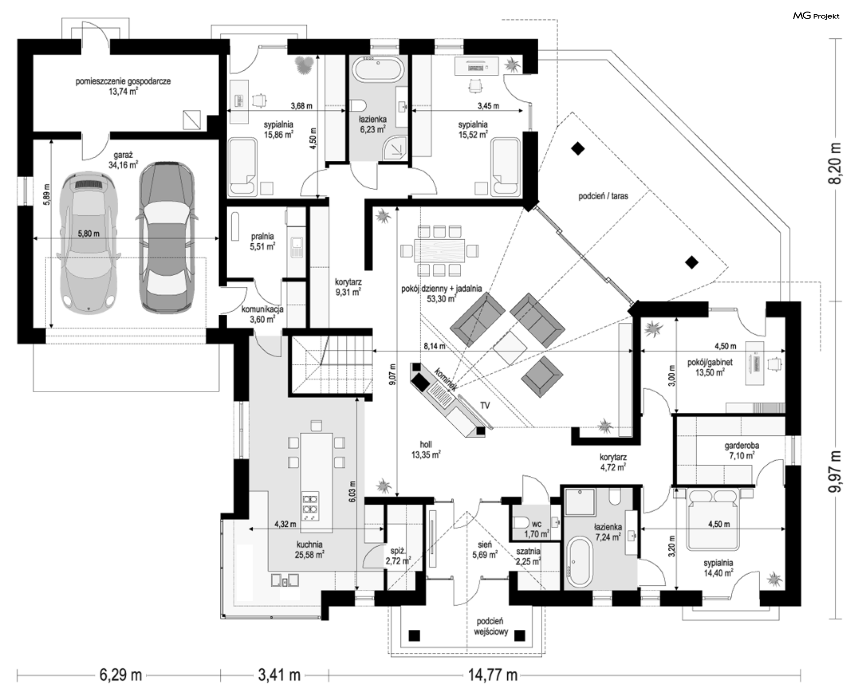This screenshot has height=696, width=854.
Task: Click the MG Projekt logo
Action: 816,16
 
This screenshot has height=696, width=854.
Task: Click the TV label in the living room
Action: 485,405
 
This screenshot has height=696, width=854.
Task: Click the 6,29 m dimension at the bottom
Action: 120,675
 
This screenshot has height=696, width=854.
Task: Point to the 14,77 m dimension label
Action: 492,675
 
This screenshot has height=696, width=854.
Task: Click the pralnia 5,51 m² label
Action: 262,241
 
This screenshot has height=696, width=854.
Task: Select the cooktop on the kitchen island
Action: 310,506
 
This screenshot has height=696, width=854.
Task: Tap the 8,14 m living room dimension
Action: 434,346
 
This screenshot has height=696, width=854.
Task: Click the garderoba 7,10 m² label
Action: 741,450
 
